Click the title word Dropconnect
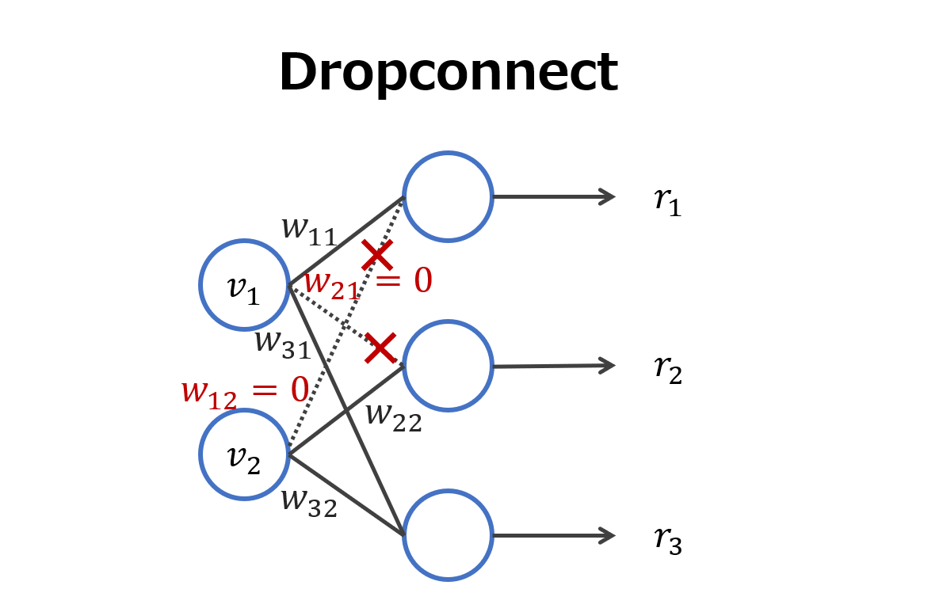point(448,73)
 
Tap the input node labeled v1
point(244,284)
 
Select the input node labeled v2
point(244,454)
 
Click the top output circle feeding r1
point(448,196)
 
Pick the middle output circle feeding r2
point(448,366)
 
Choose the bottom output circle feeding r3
point(448,535)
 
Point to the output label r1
point(667,201)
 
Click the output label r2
point(667,370)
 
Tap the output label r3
point(667,540)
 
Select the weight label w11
point(309,230)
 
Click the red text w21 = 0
point(368,283)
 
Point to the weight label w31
point(283,344)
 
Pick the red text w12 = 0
point(244,391)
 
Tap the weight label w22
point(393,416)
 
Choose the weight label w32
point(309,502)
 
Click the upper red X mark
point(377,255)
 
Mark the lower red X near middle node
point(380,348)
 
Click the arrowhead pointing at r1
point(609,196)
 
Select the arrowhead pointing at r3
point(609,535)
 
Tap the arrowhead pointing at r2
point(609,365)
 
